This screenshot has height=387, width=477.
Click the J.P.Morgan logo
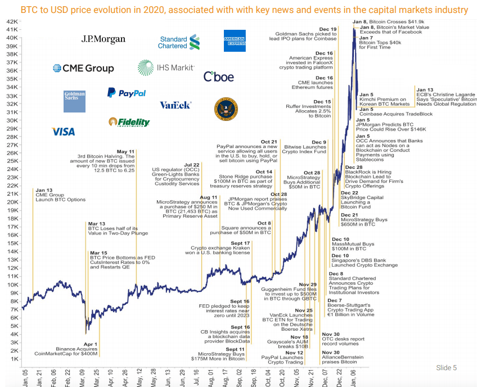(x=103, y=39)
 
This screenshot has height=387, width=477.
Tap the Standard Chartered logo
(x=179, y=42)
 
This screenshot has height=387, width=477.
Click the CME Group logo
(x=83, y=68)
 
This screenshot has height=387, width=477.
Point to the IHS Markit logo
(x=166, y=67)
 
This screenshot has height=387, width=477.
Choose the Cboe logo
(x=219, y=76)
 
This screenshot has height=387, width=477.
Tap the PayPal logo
(x=127, y=93)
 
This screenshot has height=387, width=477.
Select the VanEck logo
(x=175, y=105)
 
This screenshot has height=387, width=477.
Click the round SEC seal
(x=226, y=109)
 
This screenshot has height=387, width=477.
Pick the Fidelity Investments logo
(x=129, y=122)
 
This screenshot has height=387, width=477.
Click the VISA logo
(x=63, y=132)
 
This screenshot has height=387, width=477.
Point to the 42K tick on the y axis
(x=12, y=21)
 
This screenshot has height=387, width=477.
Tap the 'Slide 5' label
(x=446, y=368)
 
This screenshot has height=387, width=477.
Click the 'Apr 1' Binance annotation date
(x=91, y=344)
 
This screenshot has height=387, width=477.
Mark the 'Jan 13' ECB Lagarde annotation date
(x=425, y=89)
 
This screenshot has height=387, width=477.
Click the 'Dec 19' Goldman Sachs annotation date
(x=328, y=29)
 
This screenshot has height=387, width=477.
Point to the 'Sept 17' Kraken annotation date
(x=240, y=243)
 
